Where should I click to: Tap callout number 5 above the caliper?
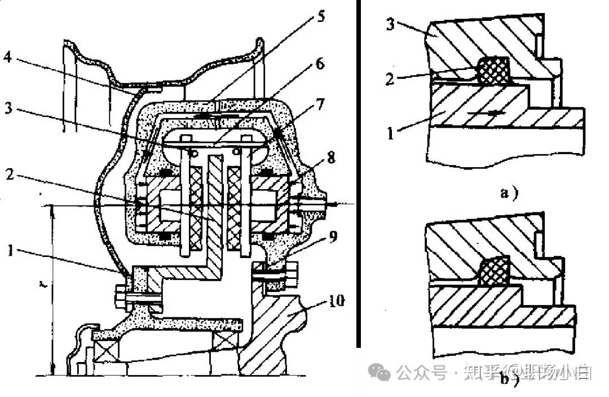[x=321, y=15]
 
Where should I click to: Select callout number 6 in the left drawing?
[x=320, y=63]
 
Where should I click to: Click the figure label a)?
[x=509, y=194]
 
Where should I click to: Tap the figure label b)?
[x=509, y=380]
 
